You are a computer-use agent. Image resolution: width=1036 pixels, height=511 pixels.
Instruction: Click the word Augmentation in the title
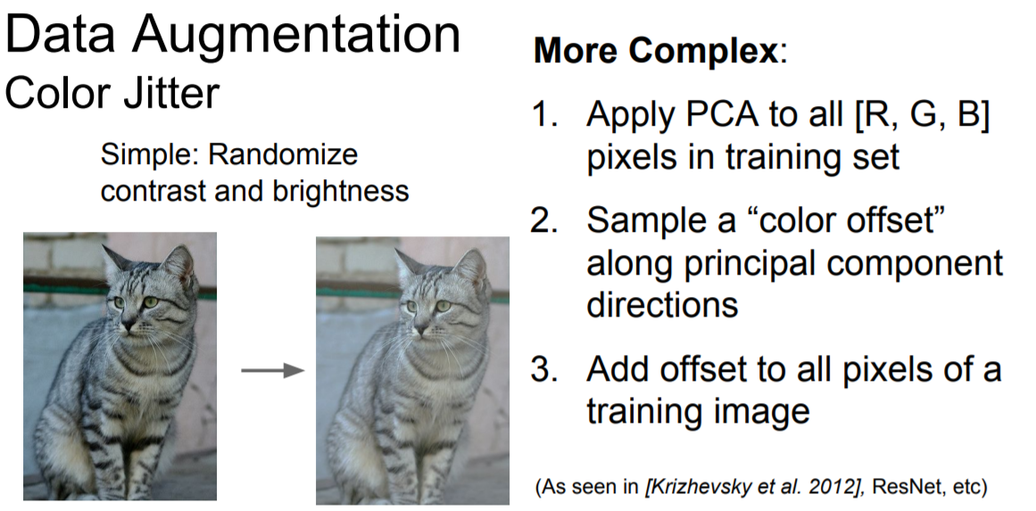tap(296, 35)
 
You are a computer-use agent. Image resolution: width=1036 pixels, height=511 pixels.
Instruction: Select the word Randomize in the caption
tap(283, 154)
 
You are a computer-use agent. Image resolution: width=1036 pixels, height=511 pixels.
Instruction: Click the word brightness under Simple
tap(340, 191)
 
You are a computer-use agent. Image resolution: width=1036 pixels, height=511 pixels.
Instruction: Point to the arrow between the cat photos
tap(272, 370)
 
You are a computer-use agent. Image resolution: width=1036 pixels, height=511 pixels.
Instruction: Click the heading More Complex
tap(656, 50)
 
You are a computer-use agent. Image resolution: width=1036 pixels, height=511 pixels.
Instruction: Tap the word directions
tap(662, 304)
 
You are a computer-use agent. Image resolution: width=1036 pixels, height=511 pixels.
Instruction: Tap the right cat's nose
tap(420, 327)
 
